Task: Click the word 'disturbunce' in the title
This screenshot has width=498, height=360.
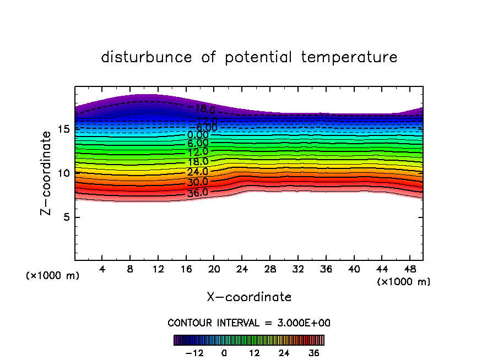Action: pos(147,57)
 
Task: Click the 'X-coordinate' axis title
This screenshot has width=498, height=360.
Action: pos(249,297)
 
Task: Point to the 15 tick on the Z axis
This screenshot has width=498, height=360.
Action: pos(63,129)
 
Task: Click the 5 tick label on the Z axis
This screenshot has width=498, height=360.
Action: pos(65,217)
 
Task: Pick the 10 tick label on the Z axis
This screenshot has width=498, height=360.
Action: pos(63,173)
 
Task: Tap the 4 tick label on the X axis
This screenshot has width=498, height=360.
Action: pos(102,270)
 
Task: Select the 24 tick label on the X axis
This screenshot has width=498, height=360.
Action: pos(242,270)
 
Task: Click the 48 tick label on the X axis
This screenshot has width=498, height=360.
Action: pos(409,270)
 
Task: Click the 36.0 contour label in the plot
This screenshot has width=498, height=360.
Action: pos(197,193)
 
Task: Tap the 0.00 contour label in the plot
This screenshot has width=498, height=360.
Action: pos(198,135)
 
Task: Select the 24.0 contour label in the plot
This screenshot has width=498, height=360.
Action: pos(197,172)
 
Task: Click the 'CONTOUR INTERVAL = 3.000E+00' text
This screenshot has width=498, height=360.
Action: pos(249,323)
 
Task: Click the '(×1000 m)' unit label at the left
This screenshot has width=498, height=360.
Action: pos(53,276)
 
